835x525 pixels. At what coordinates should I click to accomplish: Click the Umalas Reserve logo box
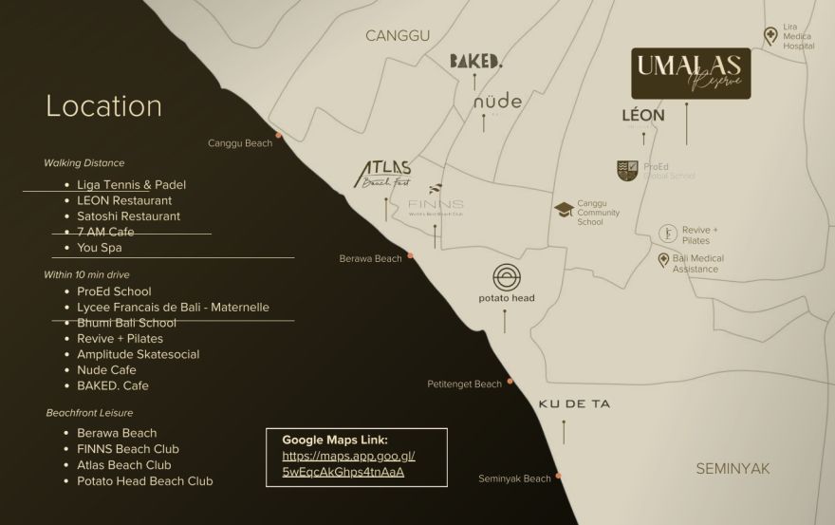click(x=691, y=73)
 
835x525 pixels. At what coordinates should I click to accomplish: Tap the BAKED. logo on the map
click(x=475, y=61)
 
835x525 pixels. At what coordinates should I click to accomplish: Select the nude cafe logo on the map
click(x=497, y=101)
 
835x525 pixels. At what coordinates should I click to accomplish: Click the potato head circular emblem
click(x=505, y=277)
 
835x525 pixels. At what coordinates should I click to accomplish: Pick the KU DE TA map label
click(x=574, y=403)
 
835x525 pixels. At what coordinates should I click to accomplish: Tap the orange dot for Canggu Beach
click(x=278, y=135)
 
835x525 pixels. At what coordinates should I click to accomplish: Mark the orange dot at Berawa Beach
click(x=410, y=254)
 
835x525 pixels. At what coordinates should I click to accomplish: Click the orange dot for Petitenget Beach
click(x=510, y=381)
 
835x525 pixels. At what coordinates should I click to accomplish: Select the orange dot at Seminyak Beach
click(x=558, y=474)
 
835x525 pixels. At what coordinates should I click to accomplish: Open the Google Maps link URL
click(x=348, y=463)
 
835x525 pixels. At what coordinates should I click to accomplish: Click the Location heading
click(x=103, y=105)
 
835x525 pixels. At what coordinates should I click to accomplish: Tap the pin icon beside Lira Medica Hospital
click(x=770, y=35)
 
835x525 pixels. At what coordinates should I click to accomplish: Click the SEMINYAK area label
click(x=733, y=468)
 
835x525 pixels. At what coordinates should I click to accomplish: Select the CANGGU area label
click(x=398, y=35)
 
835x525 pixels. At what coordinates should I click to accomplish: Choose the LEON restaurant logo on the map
click(x=642, y=115)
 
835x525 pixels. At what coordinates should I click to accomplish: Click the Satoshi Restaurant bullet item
click(x=128, y=216)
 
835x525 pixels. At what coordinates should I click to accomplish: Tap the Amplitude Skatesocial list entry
click(x=138, y=354)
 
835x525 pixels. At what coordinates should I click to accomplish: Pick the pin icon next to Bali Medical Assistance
click(x=663, y=259)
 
